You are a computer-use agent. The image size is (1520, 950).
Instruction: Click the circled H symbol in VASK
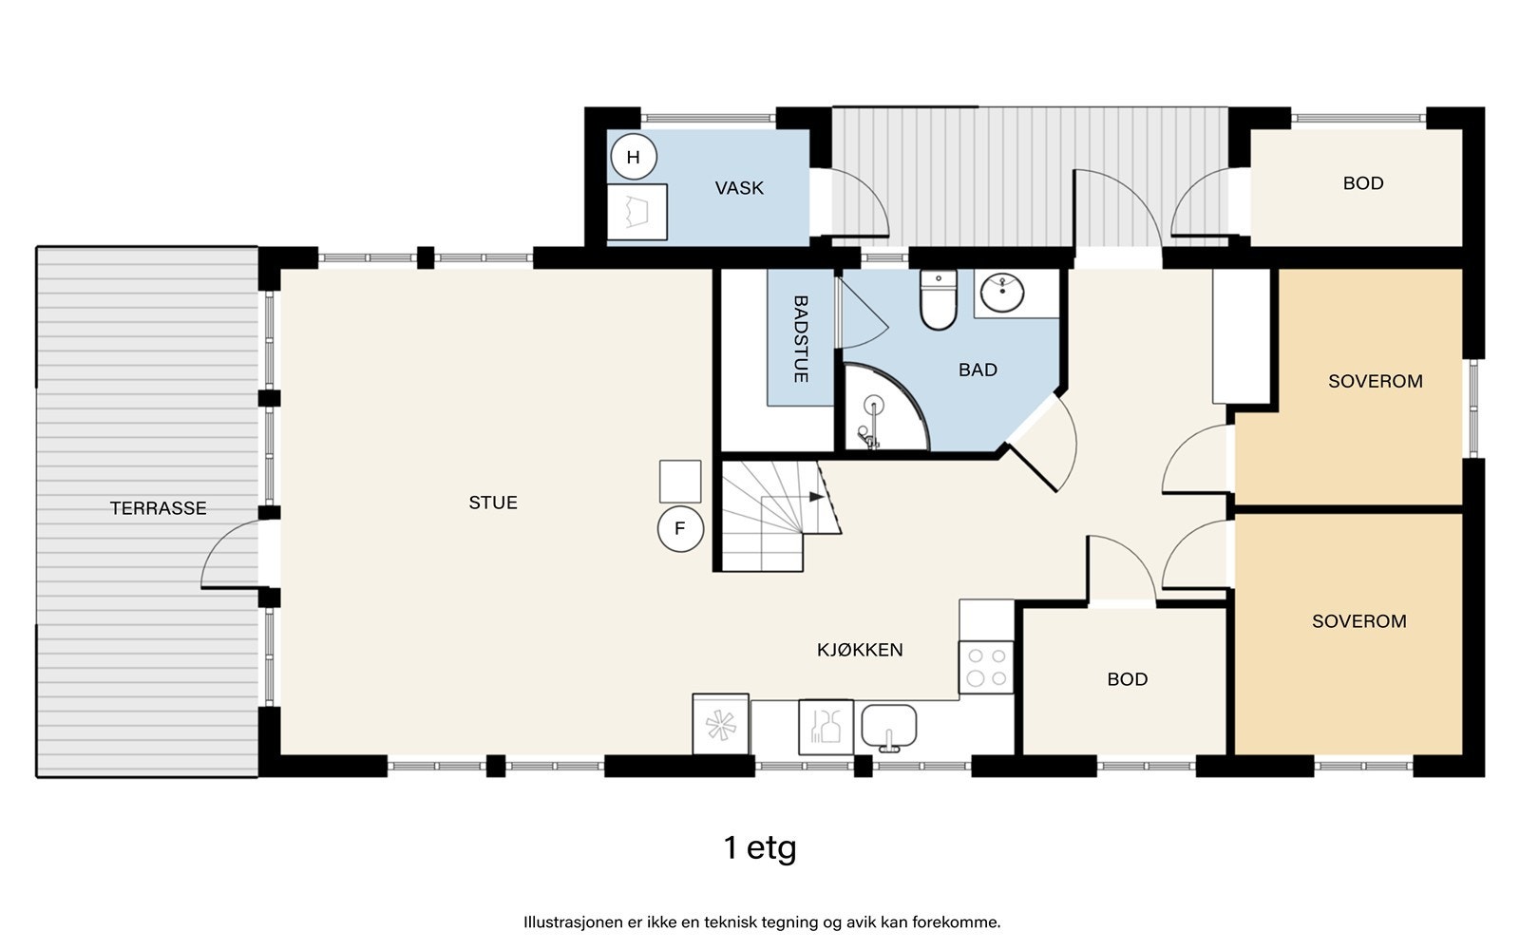click(x=634, y=158)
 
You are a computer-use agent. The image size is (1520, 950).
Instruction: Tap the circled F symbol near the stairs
click(x=680, y=529)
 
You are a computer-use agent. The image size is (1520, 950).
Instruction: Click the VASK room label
click(x=739, y=188)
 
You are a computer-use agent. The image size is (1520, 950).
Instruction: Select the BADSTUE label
click(x=800, y=339)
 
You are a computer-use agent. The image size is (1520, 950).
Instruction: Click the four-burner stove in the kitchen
click(x=986, y=667)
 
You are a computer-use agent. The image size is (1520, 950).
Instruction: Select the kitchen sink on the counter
click(x=889, y=728)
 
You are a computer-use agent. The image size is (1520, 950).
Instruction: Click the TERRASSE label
click(x=158, y=508)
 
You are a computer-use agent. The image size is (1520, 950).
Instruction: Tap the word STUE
click(x=493, y=503)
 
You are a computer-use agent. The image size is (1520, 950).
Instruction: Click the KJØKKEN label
click(x=860, y=650)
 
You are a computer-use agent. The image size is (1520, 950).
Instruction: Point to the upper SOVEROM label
click(x=1375, y=381)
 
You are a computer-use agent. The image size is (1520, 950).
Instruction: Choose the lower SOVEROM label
click(x=1358, y=621)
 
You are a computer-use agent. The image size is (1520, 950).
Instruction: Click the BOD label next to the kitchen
click(x=1127, y=679)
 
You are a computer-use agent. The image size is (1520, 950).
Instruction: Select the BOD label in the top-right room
click(x=1362, y=183)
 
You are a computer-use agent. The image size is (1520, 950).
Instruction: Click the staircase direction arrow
click(x=815, y=497)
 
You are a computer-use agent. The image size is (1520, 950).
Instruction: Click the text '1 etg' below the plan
click(x=759, y=846)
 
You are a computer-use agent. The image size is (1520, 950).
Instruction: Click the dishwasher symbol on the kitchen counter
click(x=825, y=728)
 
